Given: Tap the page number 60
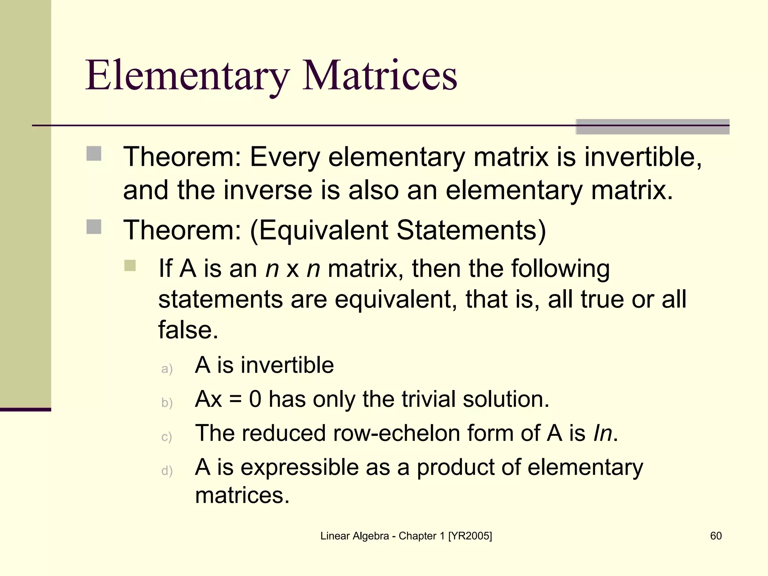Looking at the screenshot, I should [716, 536].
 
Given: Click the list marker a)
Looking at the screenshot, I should [167, 369].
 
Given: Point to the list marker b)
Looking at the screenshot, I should [167, 403].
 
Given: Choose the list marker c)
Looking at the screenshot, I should [166, 437].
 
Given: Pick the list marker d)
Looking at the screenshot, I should [167, 471].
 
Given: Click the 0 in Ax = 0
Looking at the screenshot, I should [255, 399].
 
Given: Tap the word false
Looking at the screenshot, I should [188, 330].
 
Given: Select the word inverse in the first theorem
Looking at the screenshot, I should [268, 190].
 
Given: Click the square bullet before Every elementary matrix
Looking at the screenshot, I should [94, 153].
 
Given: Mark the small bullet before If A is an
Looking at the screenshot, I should [130, 265].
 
